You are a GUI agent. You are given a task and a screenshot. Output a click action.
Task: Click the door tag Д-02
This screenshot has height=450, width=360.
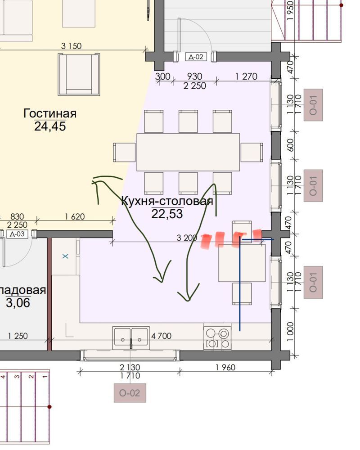click(195, 57)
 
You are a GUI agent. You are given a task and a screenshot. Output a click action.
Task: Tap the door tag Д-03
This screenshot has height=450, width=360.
click(17, 234)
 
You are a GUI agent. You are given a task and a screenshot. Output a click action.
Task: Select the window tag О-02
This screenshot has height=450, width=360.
click(130, 393)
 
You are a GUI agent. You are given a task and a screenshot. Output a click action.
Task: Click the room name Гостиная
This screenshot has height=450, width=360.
click(50, 113)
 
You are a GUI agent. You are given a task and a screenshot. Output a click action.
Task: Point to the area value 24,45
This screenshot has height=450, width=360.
click(50, 126)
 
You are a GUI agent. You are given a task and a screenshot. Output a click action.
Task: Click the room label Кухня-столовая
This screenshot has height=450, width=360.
click(167, 201)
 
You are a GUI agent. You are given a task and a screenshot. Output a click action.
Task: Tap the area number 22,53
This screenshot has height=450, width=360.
click(167, 214)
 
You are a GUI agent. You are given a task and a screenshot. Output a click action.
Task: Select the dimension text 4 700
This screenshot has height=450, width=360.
click(162, 336)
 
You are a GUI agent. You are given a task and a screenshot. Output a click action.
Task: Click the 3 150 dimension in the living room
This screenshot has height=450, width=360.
click(71, 46)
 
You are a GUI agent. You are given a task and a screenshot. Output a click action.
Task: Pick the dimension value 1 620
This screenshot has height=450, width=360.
click(75, 216)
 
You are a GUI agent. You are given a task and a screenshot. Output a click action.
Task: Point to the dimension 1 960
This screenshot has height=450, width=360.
click(225, 367)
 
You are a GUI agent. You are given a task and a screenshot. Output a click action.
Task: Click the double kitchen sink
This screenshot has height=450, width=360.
click(131, 338)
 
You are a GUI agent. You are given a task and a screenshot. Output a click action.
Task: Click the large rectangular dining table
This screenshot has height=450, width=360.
click(189, 152)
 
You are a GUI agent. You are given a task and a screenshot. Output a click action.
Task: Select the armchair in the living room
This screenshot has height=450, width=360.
click(79, 74)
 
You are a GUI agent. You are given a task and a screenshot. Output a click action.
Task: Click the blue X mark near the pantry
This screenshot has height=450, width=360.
click(65, 256)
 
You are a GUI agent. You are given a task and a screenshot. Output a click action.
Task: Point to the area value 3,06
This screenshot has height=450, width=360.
click(18, 303)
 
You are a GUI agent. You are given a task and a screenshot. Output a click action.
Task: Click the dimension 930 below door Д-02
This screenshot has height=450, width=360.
click(195, 76)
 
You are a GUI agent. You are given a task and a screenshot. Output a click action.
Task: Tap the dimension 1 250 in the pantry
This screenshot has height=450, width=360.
click(18, 336)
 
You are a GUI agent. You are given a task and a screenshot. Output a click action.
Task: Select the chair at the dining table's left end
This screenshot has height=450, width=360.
click(124, 153)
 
